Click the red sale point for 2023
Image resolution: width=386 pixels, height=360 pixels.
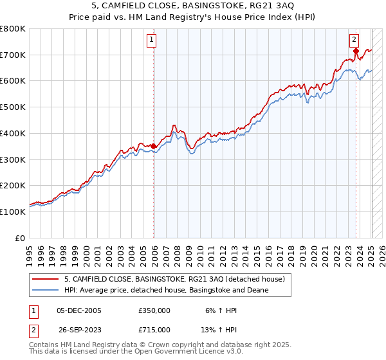356,50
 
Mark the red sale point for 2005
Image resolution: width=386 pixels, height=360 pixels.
154,146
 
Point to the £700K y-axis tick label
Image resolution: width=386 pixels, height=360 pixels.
13,55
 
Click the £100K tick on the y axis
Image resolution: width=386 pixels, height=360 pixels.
13,212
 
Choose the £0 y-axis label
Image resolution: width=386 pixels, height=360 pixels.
20,238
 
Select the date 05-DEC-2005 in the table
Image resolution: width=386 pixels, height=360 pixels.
79,310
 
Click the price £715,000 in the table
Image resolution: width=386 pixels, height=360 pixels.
154,329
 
